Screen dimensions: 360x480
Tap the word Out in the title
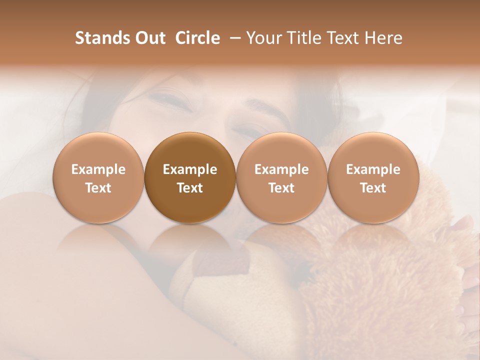(149, 38)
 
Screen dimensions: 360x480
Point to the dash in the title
(235, 38)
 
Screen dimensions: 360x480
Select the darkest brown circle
(189, 178)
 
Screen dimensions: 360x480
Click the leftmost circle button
(98, 178)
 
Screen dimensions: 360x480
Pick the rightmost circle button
(373, 178)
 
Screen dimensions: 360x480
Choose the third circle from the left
(281, 178)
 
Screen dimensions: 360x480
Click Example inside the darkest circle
(190, 169)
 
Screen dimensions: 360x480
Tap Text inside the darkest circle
(190, 188)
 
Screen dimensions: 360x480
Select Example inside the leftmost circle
(98, 169)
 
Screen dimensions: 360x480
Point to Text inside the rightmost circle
(373, 188)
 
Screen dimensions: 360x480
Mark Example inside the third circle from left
(281, 169)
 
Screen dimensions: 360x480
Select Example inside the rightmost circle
(373, 169)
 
